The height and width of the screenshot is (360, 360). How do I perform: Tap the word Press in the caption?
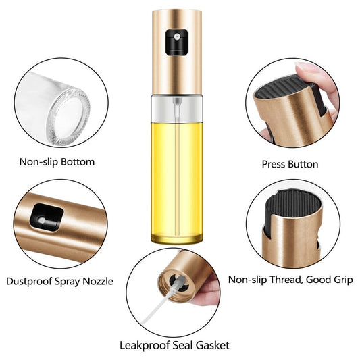pyautogui.click(x=274, y=164)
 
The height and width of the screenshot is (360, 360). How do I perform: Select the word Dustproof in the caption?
pyautogui.click(x=29, y=281)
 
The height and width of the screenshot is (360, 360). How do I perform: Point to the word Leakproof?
pyautogui.click(x=145, y=346)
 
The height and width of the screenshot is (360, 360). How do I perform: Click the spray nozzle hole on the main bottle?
pyautogui.click(x=177, y=36)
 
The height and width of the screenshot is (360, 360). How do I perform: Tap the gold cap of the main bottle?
pyautogui.click(x=177, y=51)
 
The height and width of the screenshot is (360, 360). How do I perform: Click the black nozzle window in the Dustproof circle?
pyautogui.click(x=47, y=217)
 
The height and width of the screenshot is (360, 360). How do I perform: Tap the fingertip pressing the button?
pyautogui.click(x=307, y=69)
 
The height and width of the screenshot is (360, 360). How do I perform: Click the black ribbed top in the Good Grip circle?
pyautogui.click(x=292, y=203)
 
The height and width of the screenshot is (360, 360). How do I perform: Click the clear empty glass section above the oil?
pyautogui.click(x=177, y=109)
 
